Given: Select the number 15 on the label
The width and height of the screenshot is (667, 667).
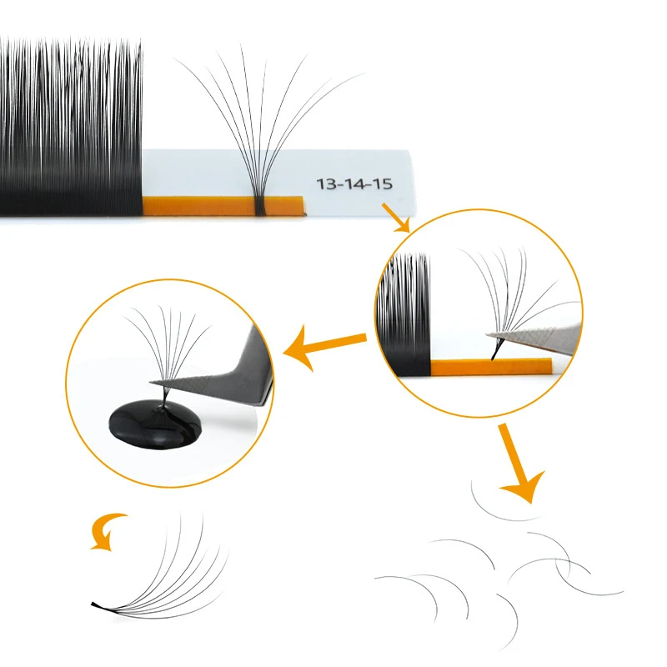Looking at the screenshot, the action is (382, 183).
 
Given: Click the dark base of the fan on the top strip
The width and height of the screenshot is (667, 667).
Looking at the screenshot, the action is (261, 203).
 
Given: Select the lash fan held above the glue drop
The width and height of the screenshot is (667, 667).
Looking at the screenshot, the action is (167, 342).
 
